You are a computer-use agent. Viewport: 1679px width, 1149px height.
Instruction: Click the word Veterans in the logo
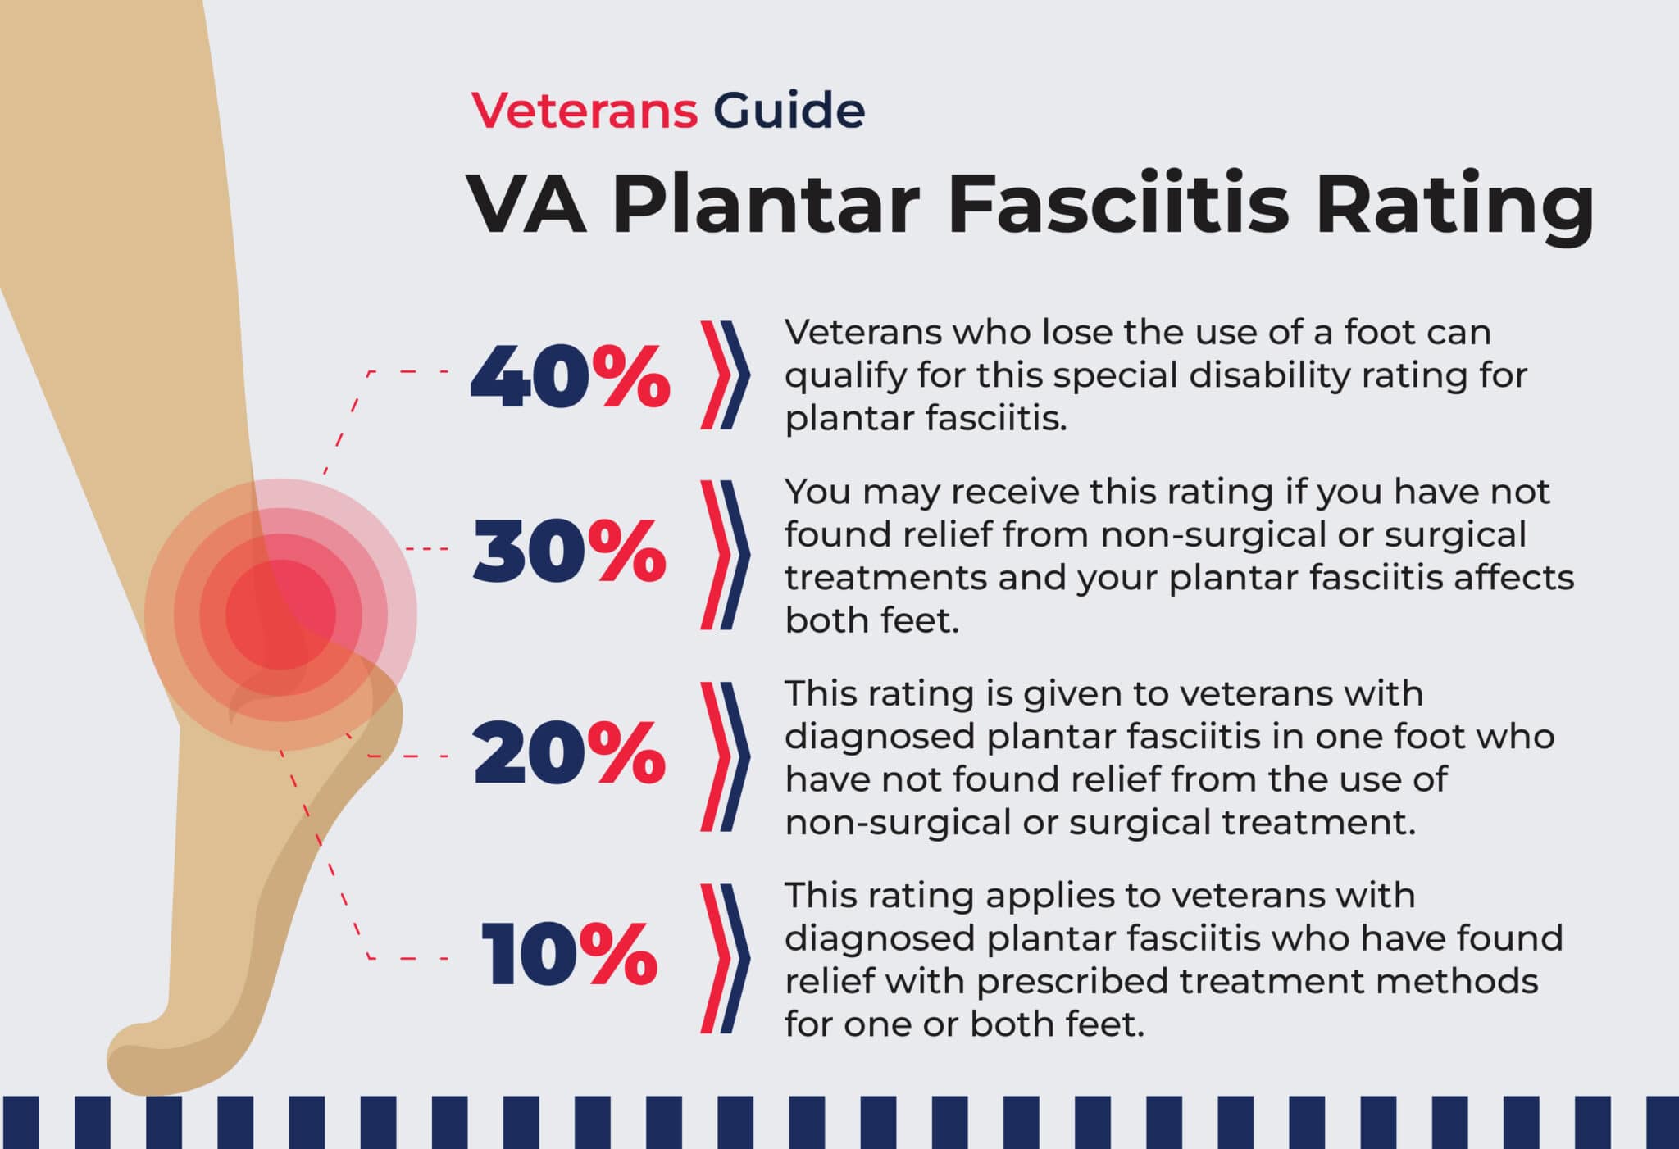point(584,111)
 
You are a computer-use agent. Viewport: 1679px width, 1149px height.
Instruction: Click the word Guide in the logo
point(789,111)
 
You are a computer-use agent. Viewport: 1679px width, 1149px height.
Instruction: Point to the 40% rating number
point(570,376)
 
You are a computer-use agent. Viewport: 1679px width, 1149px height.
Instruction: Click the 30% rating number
point(570,552)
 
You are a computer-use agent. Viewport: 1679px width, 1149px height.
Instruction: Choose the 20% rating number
point(570,754)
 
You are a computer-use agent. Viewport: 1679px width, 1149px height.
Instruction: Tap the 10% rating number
point(570,955)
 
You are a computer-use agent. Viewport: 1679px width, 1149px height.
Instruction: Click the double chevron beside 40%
point(725,375)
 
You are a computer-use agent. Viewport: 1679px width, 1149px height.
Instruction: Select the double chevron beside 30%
point(725,555)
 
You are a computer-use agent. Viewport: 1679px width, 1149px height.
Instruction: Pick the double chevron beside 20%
point(725,756)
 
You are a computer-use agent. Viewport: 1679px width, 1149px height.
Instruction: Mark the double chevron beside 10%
point(725,958)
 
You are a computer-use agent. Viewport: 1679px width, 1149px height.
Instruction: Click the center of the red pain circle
point(280,614)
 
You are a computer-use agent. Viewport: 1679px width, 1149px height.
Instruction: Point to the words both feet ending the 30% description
point(871,620)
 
